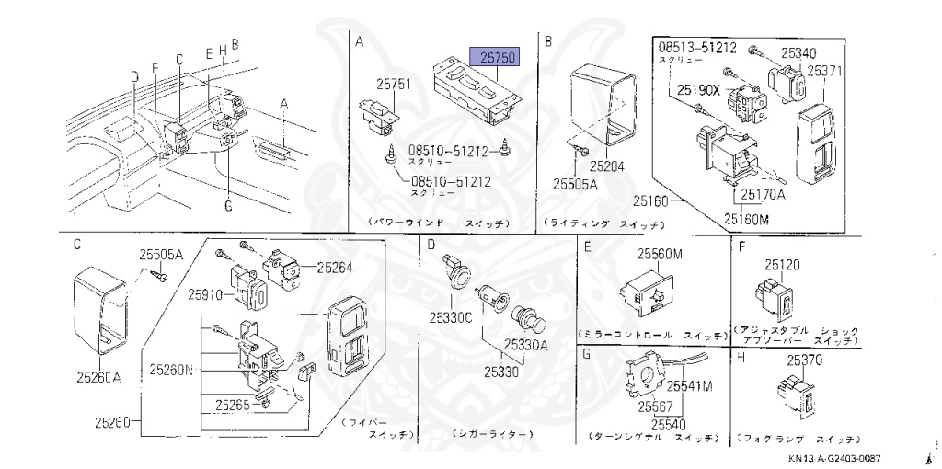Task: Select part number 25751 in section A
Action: point(396,85)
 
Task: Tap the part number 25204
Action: point(606,167)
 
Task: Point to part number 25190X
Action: point(699,90)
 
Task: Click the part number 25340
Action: point(798,53)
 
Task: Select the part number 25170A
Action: point(763,194)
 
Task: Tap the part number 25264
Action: point(335,268)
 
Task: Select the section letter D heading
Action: point(430,245)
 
